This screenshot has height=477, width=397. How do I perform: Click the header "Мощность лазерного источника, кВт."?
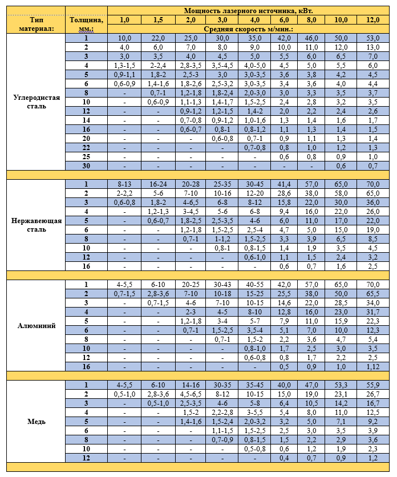[x=248, y=10]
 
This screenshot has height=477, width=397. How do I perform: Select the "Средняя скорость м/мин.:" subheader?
[x=248, y=29]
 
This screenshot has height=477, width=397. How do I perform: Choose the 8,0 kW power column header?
[x=311, y=19]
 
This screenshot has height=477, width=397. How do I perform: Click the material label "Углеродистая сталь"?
[x=35, y=102]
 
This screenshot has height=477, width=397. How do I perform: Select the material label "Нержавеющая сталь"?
[x=35, y=225]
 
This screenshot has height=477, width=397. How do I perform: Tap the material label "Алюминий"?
[x=35, y=325]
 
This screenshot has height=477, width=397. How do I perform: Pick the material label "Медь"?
[x=35, y=422]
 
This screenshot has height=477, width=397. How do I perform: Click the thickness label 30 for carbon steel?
[x=86, y=165]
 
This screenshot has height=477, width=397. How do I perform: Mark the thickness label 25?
[x=86, y=156]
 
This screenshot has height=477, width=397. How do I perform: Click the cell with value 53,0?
[x=373, y=38]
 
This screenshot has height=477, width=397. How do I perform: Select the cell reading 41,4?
[x=284, y=184]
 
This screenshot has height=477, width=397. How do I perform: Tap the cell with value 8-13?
[x=124, y=184]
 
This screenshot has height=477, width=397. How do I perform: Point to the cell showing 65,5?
[x=373, y=293]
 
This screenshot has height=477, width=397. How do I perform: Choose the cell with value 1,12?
[x=373, y=366]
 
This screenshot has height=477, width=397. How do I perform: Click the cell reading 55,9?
[x=373, y=385]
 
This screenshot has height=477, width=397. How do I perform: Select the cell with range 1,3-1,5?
[x=124, y=65]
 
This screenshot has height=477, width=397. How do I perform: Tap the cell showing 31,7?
[x=373, y=312]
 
